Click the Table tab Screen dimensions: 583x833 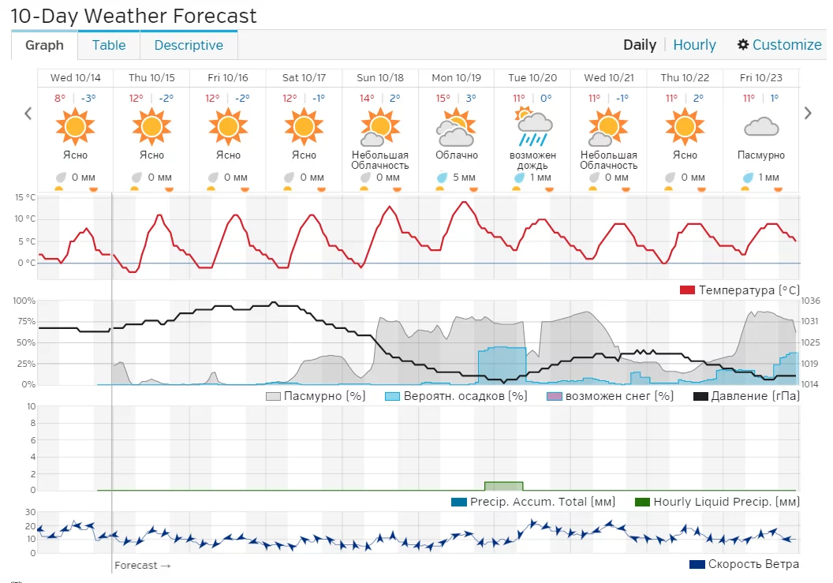109,45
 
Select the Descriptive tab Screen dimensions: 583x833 189,45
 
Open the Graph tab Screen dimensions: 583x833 44,45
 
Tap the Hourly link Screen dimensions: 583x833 694,45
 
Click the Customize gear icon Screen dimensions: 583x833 743,45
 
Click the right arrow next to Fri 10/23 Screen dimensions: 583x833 808,113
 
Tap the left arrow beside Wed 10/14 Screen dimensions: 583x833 28,113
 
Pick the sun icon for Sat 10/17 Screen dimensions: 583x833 304,126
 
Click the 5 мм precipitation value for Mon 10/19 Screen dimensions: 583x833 464,178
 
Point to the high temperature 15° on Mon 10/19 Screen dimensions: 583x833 443,99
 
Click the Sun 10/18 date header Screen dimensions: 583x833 380,77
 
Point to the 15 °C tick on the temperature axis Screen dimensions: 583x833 25,197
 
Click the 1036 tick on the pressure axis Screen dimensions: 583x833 810,301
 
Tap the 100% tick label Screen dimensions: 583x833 24,301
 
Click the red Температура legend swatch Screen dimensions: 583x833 687,290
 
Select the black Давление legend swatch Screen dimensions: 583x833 700,396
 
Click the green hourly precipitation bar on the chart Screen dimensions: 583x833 504,485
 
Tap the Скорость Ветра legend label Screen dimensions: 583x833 753,564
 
